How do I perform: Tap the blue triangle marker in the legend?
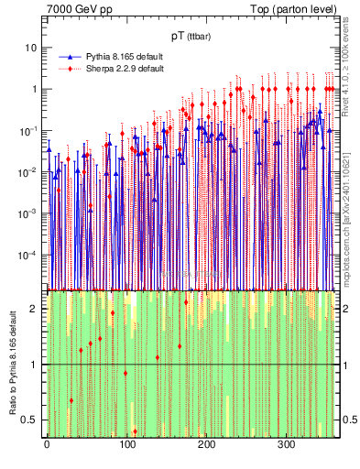70,57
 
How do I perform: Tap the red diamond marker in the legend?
70,69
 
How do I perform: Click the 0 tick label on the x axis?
47,444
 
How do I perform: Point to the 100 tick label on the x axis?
126,444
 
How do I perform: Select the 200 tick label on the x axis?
206,444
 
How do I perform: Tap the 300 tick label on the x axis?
286,444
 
